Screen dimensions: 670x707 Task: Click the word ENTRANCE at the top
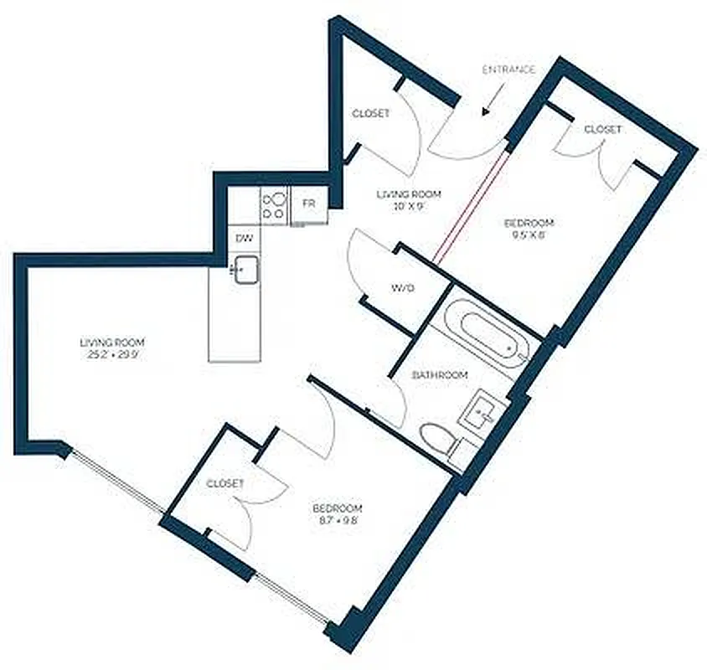pyautogui.click(x=508, y=70)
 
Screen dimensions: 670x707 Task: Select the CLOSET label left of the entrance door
pyautogui.click(x=370, y=113)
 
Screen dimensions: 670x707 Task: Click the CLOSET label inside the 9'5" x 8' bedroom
pyautogui.click(x=602, y=129)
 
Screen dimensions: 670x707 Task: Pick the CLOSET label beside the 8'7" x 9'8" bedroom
pyautogui.click(x=224, y=484)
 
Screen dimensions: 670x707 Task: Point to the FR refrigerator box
pyautogui.click(x=309, y=204)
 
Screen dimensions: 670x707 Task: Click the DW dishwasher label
pyautogui.click(x=245, y=239)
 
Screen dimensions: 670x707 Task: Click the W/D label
pyautogui.click(x=403, y=289)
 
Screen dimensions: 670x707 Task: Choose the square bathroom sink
pyautogui.click(x=484, y=411)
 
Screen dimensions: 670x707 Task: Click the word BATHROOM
pyautogui.click(x=440, y=375)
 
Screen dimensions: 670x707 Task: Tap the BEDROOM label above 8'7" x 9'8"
pyautogui.click(x=337, y=508)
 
